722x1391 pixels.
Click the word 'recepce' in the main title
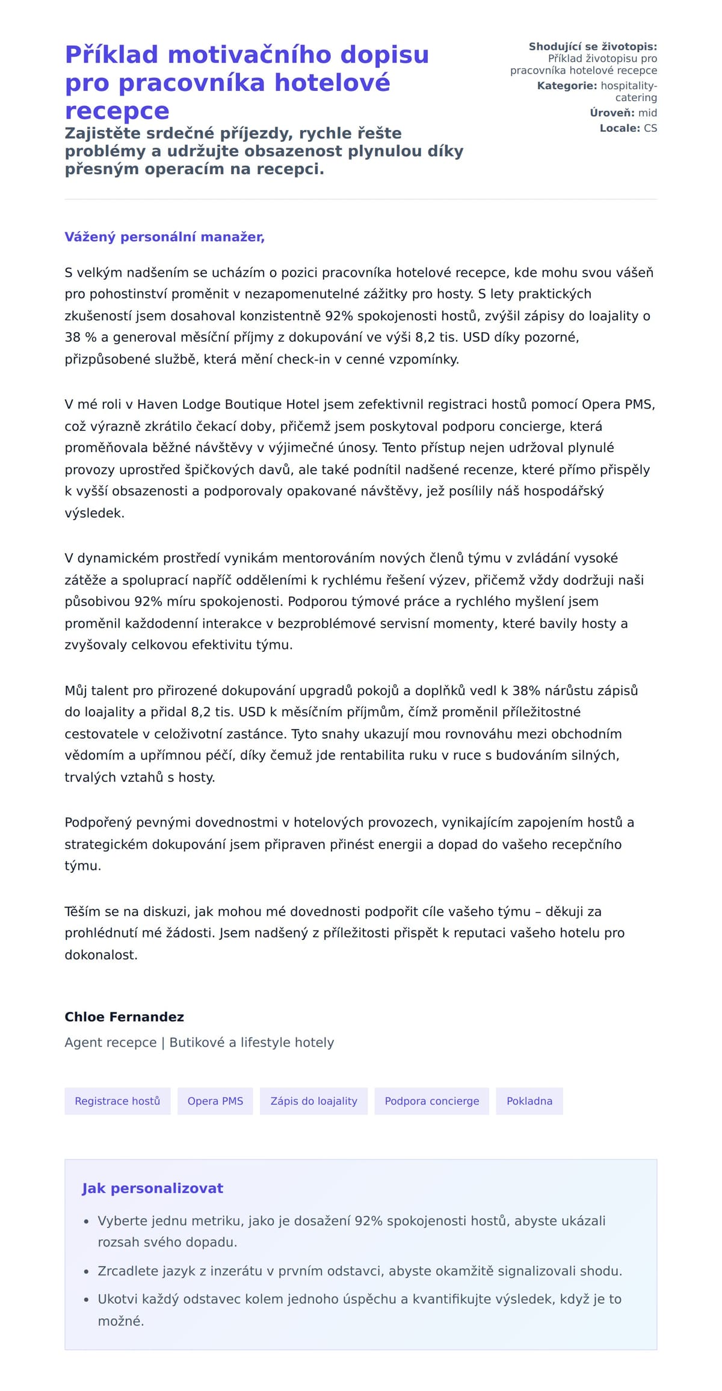pyautogui.click(x=117, y=111)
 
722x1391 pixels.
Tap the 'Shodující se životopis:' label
pyautogui.click(x=593, y=46)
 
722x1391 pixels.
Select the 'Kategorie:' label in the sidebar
pyautogui.click(x=567, y=85)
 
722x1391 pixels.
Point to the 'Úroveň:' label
pyautogui.click(x=612, y=113)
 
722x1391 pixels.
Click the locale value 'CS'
pyautogui.click(x=650, y=128)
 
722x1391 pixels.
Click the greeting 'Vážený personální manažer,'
pyautogui.click(x=164, y=237)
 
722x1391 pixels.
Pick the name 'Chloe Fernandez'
pyautogui.click(x=124, y=1017)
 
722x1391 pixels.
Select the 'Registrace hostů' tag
pyautogui.click(x=117, y=1101)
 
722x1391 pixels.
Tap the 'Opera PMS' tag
pyautogui.click(x=215, y=1101)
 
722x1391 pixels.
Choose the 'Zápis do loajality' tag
pyautogui.click(x=313, y=1101)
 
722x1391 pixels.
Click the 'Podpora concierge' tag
pyautogui.click(x=431, y=1101)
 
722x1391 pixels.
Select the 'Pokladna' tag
pyautogui.click(x=529, y=1101)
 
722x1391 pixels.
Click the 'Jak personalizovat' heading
pyautogui.click(x=152, y=1188)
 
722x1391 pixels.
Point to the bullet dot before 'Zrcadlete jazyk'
pyautogui.click(x=86, y=1271)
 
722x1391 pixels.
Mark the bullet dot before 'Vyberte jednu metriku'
pyautogui.click(x=86, y=1221)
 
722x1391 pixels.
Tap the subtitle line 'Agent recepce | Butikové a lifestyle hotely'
pyautogui.click(x=199, y=1042)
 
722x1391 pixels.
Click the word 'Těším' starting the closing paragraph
pyautogui.click(x=82, y=911)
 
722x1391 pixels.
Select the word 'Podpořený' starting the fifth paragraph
pyautogui.click(x=98, y=822)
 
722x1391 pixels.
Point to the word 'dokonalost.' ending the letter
pyautogui.click(x=101, y=955)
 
